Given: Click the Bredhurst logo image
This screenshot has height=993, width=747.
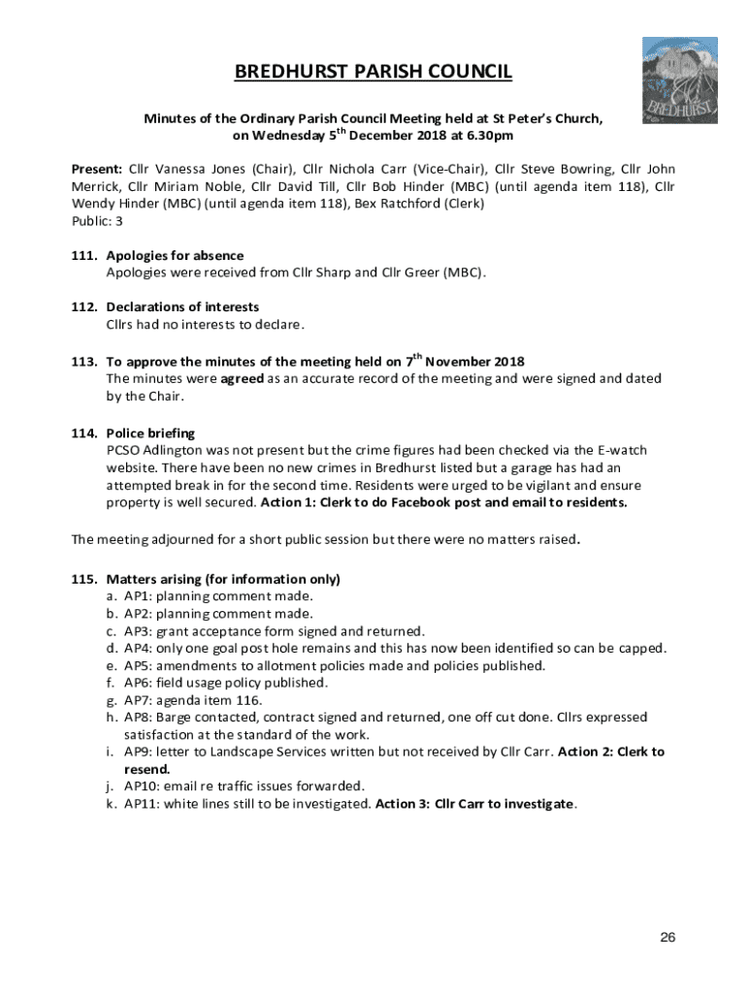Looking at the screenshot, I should click(680, 80).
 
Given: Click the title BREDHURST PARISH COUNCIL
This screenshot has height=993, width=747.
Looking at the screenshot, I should click(373, 72).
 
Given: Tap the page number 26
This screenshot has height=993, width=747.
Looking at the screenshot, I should click(666, 937).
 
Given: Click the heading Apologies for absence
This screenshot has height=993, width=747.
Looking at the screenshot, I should click(175, 255).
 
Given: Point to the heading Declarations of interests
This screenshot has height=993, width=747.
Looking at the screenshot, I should click(182, 307).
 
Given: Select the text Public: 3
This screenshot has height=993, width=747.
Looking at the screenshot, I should click(97, 220).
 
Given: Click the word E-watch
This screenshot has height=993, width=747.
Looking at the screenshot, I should click(620, 450).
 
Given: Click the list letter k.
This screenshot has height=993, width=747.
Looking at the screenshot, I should click(111, 804).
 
